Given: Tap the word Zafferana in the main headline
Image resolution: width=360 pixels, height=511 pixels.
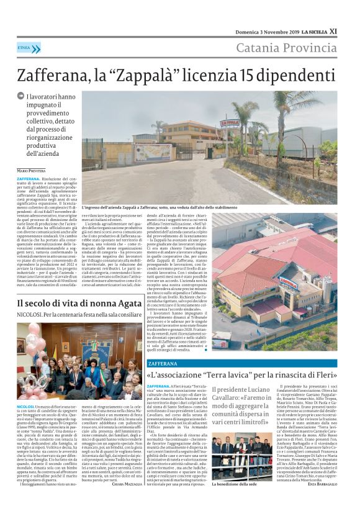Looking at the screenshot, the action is tap(54, 76).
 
